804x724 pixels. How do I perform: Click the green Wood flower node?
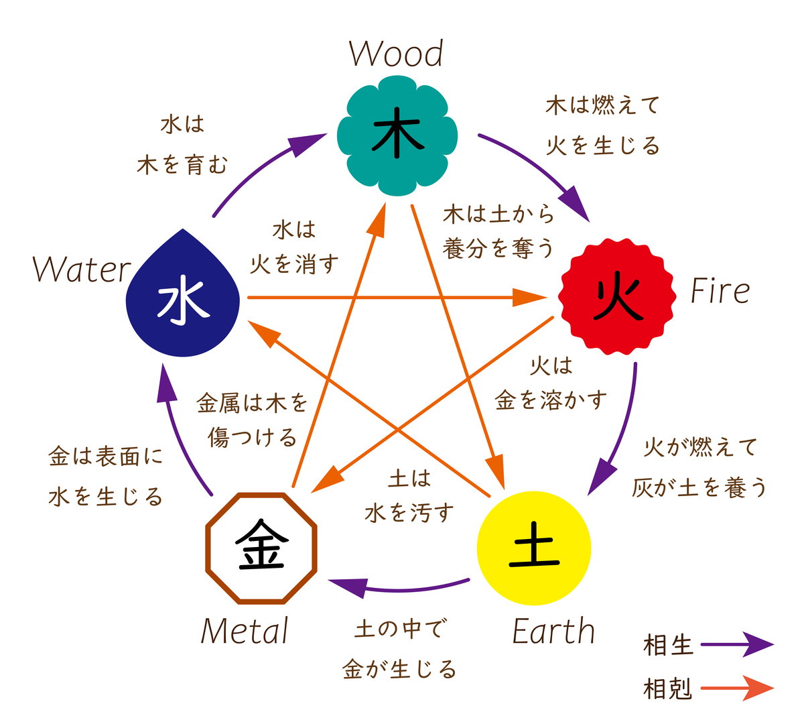pyautogui.click(x=398, y=135)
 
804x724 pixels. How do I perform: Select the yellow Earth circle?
pyautogui.click(x=534, y=548)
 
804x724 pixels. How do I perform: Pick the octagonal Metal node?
pyautogui.click(x=261, y=548)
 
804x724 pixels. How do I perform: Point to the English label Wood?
pyautogui.click(x=396, y=54)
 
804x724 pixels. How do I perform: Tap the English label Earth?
pyautogui.click(x=553, y=631)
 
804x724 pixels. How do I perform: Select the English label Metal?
pyautogui.click(x=245, y=631)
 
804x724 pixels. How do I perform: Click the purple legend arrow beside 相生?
pyautogui.click(x=737, y=645)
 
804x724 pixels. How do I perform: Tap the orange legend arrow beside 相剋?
pyautogui.click(x=737, y=688)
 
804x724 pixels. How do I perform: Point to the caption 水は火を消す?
pyautogui.click(x=294, y=247)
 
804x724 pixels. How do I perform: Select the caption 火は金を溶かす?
pyautogui.click(x=551, y=383)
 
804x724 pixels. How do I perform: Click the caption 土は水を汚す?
pyautogui.click(x=409, y=496)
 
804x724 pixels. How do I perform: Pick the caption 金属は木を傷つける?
pyautogui.click(x=253, y=420)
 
